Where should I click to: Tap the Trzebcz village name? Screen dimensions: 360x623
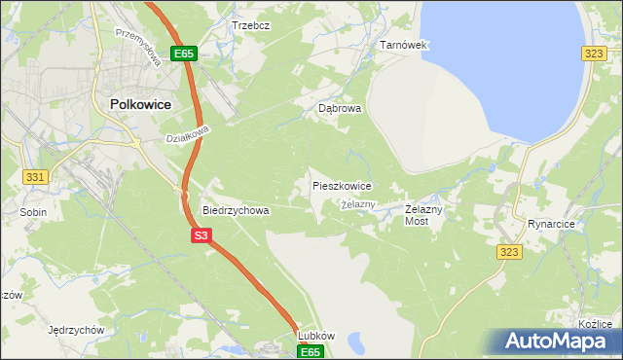(250, 24)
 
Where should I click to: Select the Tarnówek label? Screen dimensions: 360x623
(403, 46)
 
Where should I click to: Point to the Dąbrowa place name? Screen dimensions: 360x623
(340, 109)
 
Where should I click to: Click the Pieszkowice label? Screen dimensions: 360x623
(341, 185)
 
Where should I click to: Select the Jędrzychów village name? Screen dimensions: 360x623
(75, 330)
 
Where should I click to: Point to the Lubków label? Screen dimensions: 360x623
(316, 336)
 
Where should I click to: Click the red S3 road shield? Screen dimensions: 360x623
(201, 235)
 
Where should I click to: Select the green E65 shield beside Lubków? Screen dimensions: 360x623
(310, 351)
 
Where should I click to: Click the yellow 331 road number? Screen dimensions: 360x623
(36, 176)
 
